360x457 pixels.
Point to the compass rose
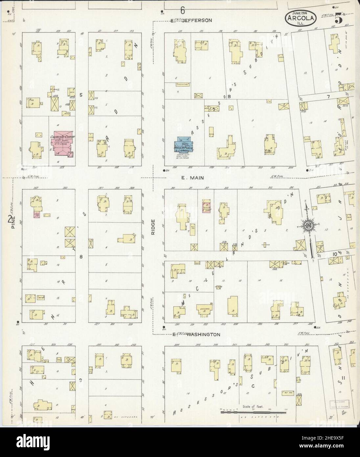(x=309, y=226)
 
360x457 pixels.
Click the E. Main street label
(x=193, y=178)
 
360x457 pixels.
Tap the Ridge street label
(x=153, y=227)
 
